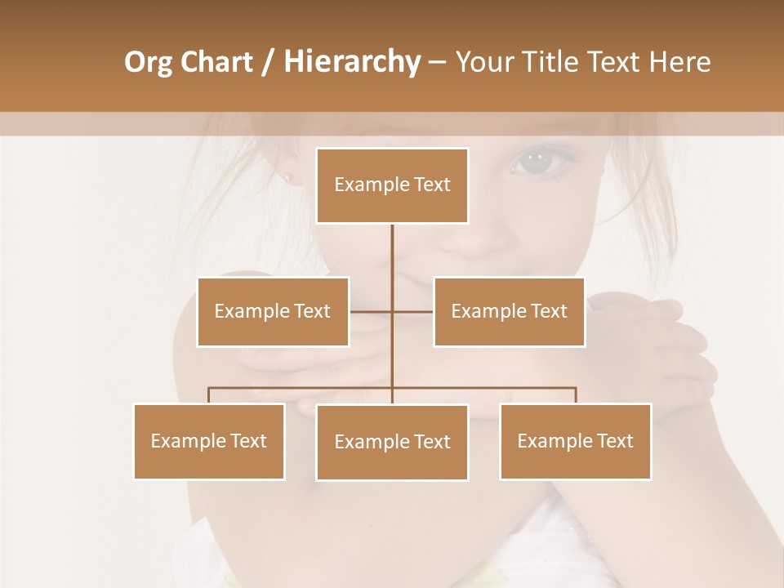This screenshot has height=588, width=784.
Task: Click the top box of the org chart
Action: pyautogui.click(x=392, y=185)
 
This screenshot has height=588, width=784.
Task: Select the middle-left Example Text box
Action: pyautogui.click(x=273, y=311)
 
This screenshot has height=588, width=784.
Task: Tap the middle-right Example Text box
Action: pyautogui.click(x=509, y=311)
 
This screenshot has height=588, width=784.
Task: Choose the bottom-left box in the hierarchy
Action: pyautogui.click(x=209, y=441)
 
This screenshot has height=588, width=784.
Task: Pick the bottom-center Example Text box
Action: pyautogui.click(x=392, y=442)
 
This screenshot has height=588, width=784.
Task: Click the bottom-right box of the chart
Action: pyautogui.click(x=575, y=441)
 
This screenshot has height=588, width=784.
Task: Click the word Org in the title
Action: pyautogui.click(x=148, y=62)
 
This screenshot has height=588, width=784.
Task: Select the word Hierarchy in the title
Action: pyautogui.click(x=351, y=62)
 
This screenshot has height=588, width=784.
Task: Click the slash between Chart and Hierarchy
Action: pyautogui.click(x=268, y=62)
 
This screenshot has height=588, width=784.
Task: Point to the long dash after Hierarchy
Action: pyautogui.click(x=437, y=62)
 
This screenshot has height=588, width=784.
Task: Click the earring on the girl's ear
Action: pyautogui.click(x=288, y=177)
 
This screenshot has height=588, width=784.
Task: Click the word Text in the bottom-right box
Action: pyautogui.click(x=614, y=441)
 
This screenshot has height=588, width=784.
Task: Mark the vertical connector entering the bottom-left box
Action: pyautogui.click(x=209, y=395)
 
